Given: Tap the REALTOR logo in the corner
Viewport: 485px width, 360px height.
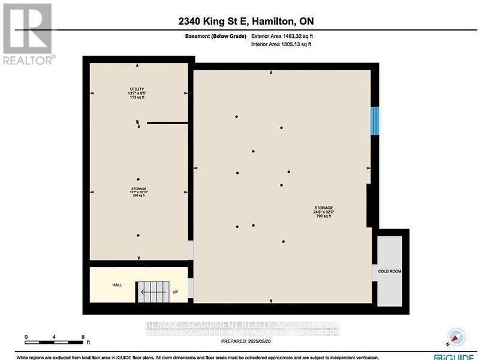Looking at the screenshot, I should pyautogui.click(x=28, y=34).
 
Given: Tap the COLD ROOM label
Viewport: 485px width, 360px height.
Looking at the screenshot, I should pyautogui.click(x=390, y=271).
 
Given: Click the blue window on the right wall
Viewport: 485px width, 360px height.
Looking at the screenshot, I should pyautogui.click(x=375, y=121).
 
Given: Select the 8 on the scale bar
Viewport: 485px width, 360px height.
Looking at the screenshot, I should pyautogui.click(x=83, y=337).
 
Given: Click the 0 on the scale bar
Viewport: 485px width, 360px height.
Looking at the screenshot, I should pyautogui.click(x=26, y=337).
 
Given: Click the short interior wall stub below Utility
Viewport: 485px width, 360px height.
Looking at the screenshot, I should pyautogui.click(x=167, y=123).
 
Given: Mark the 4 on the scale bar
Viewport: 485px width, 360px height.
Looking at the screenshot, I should pyautogui.click(x=54, y=337).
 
